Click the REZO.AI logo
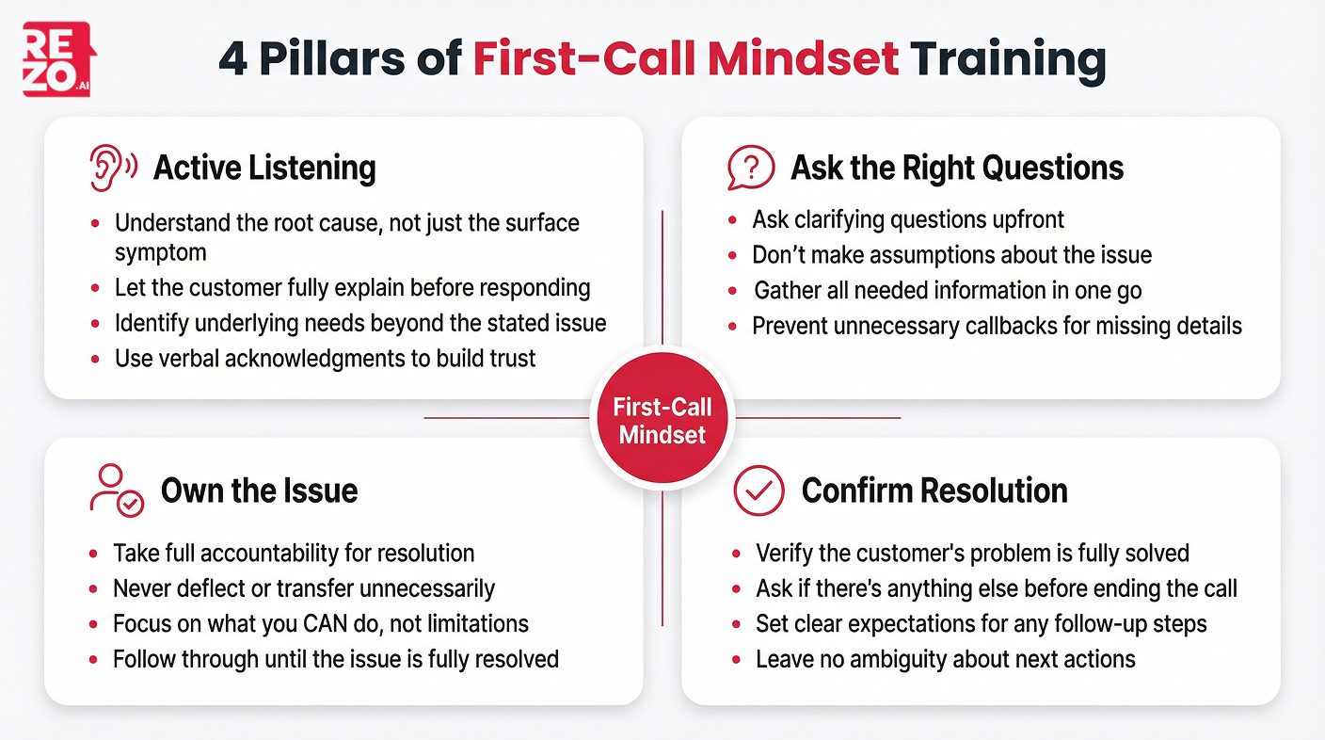pos(58,59)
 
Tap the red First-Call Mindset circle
pos(662,421)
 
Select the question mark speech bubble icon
pos(750,169)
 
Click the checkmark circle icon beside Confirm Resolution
pos(758,490)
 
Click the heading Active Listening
pos(264,169)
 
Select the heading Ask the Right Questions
pos(957,169)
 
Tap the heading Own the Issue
pos(259,491)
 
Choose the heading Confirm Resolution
pos(934,491)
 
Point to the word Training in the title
pos(1008,59)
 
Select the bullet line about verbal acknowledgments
pos(325,358)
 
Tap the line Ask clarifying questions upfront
pos(907,219)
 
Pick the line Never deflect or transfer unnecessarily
pos(303,588)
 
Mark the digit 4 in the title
pos(233,59)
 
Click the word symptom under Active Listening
pos(160,252)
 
